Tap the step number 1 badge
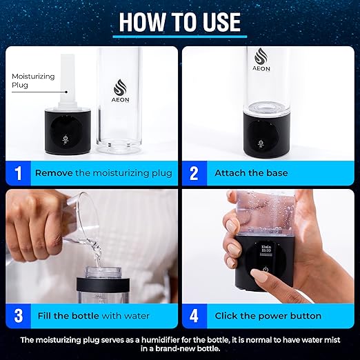coord(19,172)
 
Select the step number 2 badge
coord(194,172)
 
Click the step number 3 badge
coord(19,315)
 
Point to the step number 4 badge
coord(194,315)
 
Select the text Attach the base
coord(251,173)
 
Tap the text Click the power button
coord(268,316)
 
